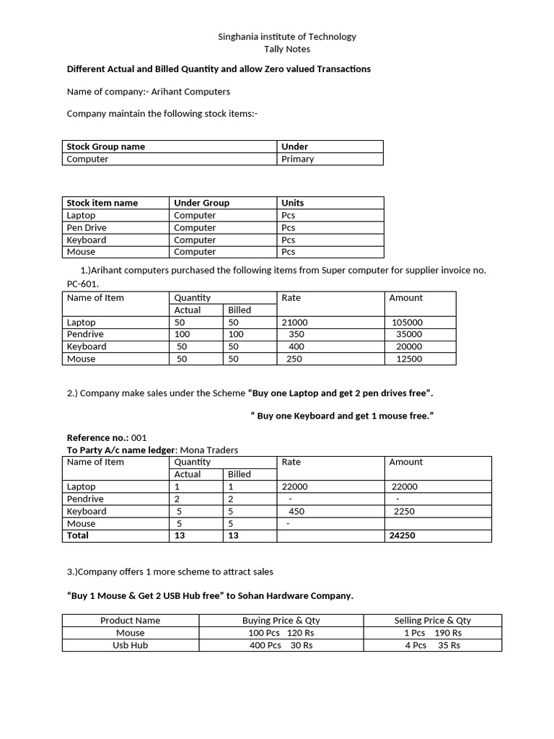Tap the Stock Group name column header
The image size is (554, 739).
tap(105, 147)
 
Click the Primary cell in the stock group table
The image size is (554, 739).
tap(297, 159)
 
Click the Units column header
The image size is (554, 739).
tap(293, 203)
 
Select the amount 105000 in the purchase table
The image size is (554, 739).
tap(407, 323)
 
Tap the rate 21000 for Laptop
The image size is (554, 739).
tap(294, 323)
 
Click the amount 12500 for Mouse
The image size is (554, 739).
tap(409, 359)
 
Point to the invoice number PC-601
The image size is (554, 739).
tap(83, 284)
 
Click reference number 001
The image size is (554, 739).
tap(138, 437)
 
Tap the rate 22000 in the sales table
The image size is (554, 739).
tap(294, 486)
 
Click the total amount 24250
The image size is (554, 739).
tap(403, 535)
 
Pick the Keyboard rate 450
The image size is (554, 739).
tap(296, 511)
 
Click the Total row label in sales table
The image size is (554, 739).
tap(78, 535)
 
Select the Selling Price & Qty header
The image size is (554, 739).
tap(432, 620)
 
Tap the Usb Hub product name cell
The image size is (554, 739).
tap(130, 645)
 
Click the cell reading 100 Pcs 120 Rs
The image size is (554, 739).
tap(281, 633)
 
